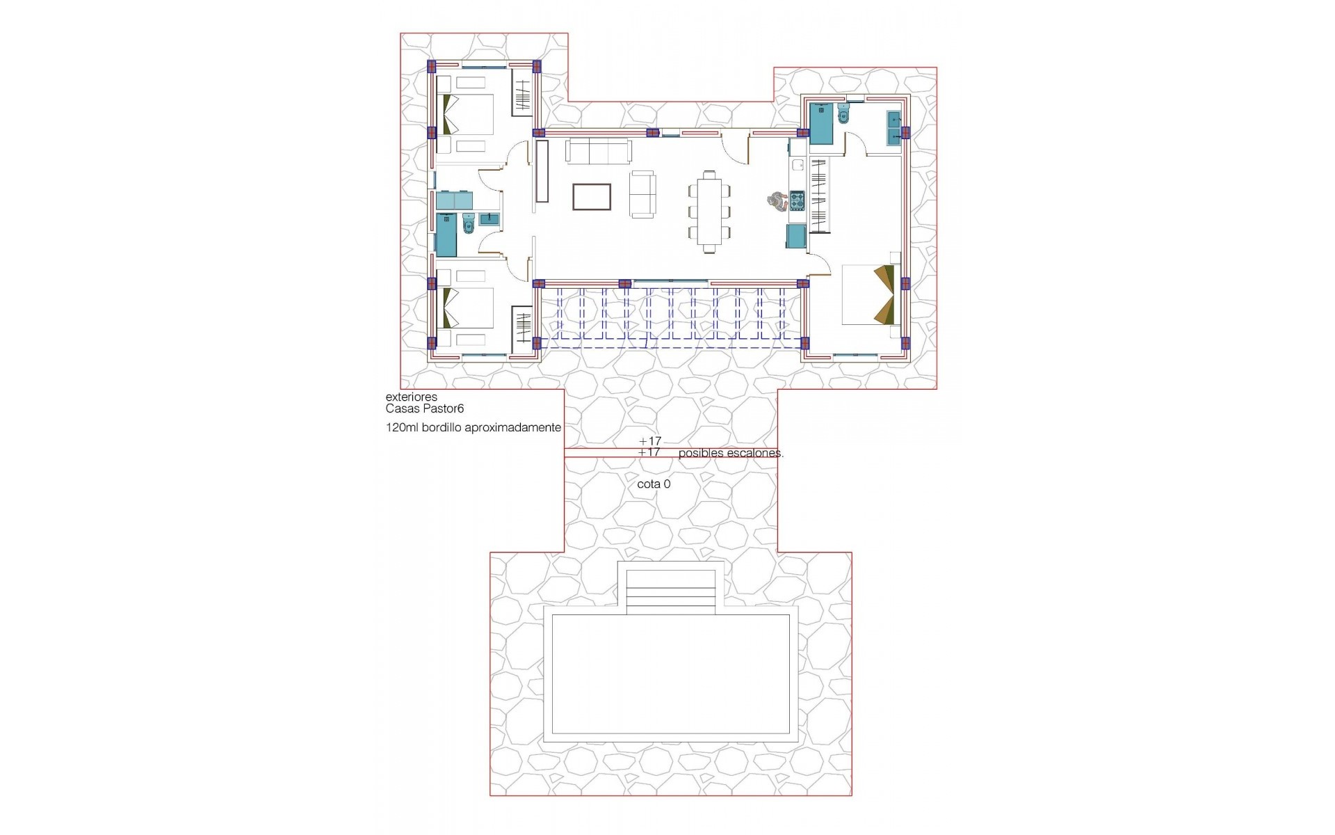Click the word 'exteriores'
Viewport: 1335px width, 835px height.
click(x=412, y=397)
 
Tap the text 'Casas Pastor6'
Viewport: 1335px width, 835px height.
click(x=424, y=409)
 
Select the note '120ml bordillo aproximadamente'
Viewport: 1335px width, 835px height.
click(x=474, y=428)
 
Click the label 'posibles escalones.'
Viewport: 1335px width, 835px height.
click(x=731, y=453)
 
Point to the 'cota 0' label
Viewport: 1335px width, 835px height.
click(x=654, y=484)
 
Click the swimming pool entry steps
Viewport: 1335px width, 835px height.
click(x=671, y=591)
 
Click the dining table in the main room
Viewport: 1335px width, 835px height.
click(x=709, y=211)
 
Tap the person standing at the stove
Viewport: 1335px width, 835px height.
click(x=775, y=201)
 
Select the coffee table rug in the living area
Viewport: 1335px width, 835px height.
click(x=592, y=196)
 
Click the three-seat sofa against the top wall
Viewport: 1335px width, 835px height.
click(x=599, y=150)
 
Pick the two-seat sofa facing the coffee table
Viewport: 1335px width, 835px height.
click(x=642, y=194)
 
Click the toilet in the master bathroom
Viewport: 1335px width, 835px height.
click(x=843, y=116)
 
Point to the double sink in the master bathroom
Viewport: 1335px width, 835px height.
click(x=894, y=128)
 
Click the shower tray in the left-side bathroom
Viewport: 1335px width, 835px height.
click(x=446, y=234)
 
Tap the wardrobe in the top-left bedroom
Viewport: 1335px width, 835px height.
click(x=522, y=97)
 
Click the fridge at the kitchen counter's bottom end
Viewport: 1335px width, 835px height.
click(x=796, y=237)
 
